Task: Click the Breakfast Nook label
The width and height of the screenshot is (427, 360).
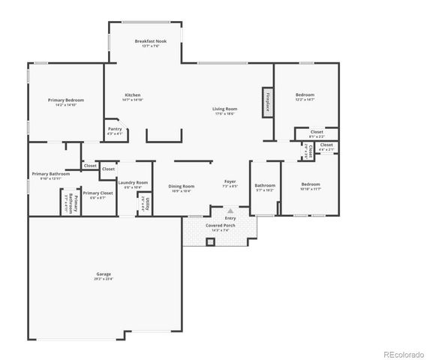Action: [151, 41]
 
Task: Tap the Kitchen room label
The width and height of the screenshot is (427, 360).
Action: [133, 95]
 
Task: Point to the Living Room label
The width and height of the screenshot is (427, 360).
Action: [224, 109]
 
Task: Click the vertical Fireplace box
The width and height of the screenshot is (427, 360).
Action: [266, 102]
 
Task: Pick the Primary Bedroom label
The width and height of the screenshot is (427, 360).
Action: [66, 100]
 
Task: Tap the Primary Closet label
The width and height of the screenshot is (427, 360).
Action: [98, 193]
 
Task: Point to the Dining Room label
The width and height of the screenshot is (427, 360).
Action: [181, 186]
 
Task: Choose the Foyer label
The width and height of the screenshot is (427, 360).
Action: [230, 181]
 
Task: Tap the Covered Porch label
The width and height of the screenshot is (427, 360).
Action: [221, 225]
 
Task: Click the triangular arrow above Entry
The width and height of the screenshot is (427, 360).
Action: [230, 211]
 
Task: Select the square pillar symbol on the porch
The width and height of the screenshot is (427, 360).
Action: [211, 242]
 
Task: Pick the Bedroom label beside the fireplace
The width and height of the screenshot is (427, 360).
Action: [305, 94]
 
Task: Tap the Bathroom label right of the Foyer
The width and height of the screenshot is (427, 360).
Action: [265, 185]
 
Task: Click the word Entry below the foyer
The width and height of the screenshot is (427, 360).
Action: [230, 218]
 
